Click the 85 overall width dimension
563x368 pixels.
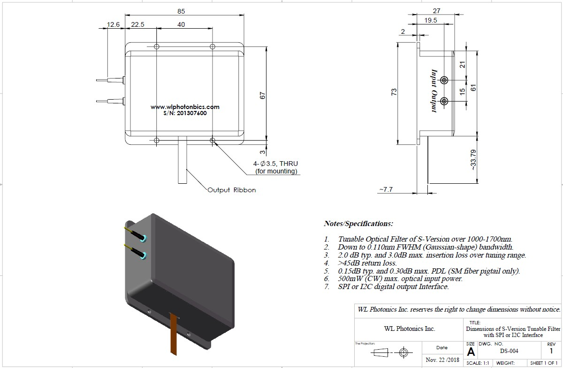(182, 11)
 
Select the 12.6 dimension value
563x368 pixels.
(114, 24)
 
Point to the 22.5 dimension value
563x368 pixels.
(137, 24)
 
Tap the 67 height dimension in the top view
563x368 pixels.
(263, 94)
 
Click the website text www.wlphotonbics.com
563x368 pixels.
(185, 107)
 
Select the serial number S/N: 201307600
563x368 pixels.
(185, 113)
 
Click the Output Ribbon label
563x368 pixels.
(232, 190)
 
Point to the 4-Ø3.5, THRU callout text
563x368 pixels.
(275, 164)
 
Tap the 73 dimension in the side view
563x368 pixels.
(394, 92)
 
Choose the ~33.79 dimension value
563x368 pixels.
(473, 160)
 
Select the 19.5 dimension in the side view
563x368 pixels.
(430, 20)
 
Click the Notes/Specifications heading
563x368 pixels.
(358, 223)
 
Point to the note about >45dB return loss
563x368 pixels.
(367, 263)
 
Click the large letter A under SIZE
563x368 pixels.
(471, 352)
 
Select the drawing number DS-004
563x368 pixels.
(509, 351)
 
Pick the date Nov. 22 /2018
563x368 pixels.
(442, 360)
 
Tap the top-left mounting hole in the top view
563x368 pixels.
(157, 47)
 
